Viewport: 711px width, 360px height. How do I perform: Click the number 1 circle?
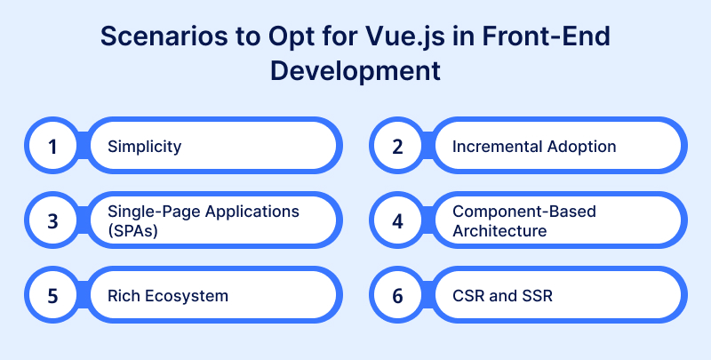pyautogui.click(x=52, y=145)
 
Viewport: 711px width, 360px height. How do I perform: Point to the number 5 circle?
pyautogui.click(x=52, y=294)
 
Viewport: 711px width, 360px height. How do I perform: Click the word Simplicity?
pyautogui.click(x=145, y=146)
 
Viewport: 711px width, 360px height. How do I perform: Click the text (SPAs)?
pyautogui.click(x=130, y=229)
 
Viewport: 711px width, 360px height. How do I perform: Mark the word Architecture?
pyautogui.click(x=499, y=229)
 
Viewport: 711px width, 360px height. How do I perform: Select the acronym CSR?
pyautogui.click(x=468, y=295)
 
